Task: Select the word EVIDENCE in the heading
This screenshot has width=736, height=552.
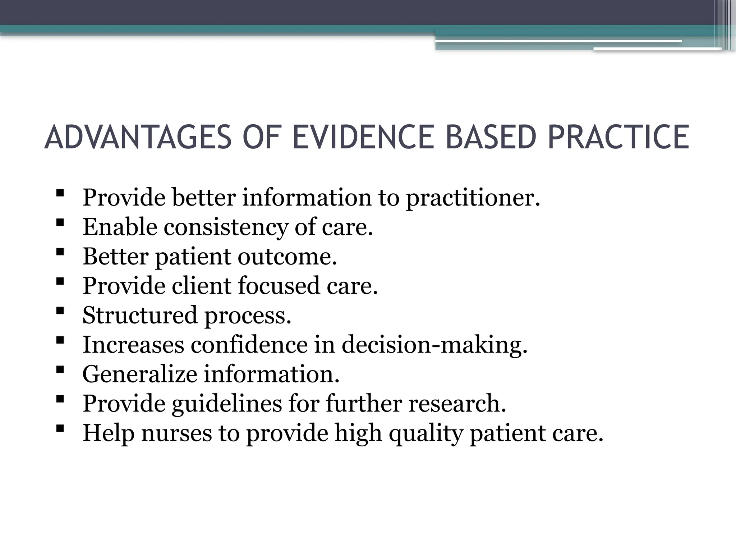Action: pyautogui.click(x=363, y=137)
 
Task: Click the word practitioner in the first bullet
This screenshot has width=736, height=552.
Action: pyautogui.click(x=473, y=198)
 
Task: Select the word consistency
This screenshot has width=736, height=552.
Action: pyautogui.click(x=226, y=227)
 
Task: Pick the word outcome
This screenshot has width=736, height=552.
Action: pyautogui.click(x=287, y=257)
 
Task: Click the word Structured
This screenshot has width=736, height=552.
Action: pyautogui.click(x=140, y=316)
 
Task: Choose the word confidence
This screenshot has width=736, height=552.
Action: pyautogui.click(x=249, y=345)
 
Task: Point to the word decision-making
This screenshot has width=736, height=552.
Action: pyautogui.click(x=434, y=345)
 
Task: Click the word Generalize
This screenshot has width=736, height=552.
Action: pyautogui.click(x=140, y=374)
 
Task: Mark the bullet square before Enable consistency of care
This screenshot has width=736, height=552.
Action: pyautogui.click(x=60, y=222)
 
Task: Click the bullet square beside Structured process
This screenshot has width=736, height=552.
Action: pyautogui.click(x=60, y=310)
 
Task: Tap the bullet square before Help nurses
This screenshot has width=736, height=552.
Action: pyautogui.click(x=60, y=428)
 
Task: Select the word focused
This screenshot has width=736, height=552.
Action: pyautogui.click(x=279, y=286)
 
